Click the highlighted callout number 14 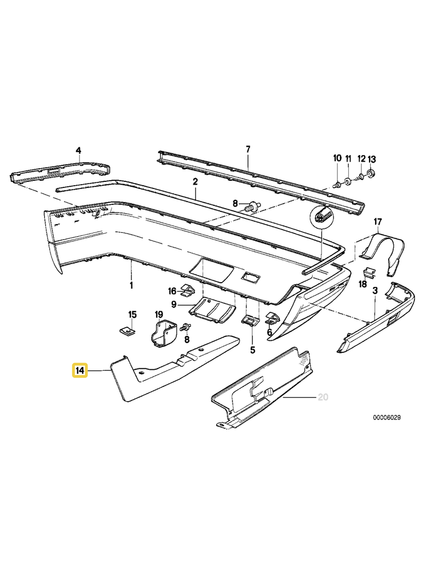[x=80, y=370]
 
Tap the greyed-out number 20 [x=323, y=397]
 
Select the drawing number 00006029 [x=387, y=417]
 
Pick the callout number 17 [x=378, y=222]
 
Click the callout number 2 [x=195, y=182]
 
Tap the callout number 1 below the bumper [x=131, y=285]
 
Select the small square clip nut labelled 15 [x=126, y=330]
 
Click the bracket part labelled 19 [x=163, y=334]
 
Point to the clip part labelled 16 [x=187, y=290]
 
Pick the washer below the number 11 [x=348, y=180]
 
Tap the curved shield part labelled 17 [x=382, y=252]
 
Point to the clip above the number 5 [x=251, y=320]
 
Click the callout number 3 [x=374, y=290]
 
